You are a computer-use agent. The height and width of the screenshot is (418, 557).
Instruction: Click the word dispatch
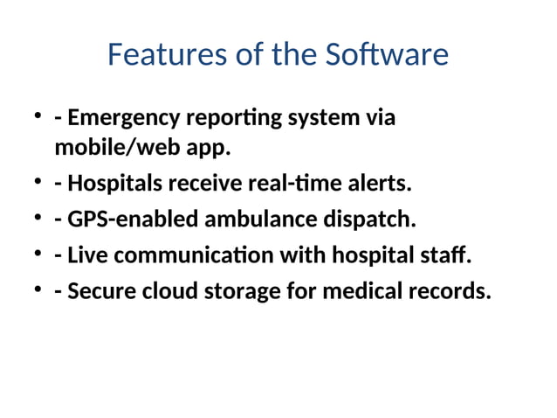pyautogui.click(x=370, y=219)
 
